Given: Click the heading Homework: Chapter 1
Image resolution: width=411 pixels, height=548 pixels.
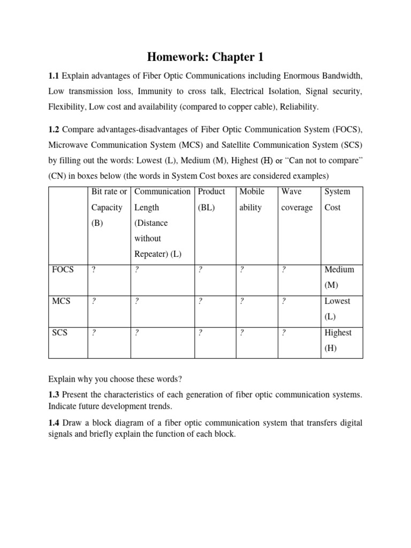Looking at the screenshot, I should [205, 57].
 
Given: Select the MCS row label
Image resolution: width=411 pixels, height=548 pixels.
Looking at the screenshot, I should [59, 301].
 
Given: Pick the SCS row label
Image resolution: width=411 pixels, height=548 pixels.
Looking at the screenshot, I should [58, 332].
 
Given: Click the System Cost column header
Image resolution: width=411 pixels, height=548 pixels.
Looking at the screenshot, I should [338, 199].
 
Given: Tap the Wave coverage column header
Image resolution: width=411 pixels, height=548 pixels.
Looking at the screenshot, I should [297, 199].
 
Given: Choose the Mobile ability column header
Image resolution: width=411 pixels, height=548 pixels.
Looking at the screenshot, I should [252, 199].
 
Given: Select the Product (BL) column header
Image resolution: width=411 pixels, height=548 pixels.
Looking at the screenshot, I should [211, 199].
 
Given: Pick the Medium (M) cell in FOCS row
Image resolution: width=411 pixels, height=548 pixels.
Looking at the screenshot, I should [339, 277].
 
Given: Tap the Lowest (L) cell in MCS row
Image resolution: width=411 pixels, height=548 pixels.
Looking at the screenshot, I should [338, 309].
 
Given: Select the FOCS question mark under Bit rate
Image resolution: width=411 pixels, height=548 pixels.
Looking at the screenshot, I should [94, 270].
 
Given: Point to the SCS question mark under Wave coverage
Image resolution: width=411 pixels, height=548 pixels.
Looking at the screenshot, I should [284, 332].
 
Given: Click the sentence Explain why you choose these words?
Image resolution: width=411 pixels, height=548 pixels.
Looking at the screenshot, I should [115, 379].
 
